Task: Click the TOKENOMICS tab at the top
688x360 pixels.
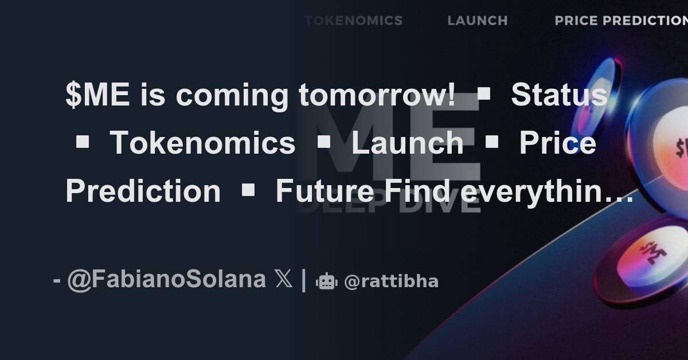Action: tap(354, 21)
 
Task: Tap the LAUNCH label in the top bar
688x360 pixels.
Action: tap(478, 21)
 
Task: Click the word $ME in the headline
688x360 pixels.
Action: tap(97, 95)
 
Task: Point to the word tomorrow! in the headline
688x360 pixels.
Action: tap(377, 95)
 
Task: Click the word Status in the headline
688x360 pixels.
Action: tap(559, 95)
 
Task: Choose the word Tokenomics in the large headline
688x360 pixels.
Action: tap(202, 143)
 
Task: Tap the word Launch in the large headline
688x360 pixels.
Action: tap(407, 143)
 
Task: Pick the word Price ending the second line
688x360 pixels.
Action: tap(557, 143)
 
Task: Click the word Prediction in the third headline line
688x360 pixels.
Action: tap(143, 191)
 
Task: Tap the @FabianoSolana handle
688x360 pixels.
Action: tap(166, 280)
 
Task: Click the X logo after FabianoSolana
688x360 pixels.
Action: tap(284, 280)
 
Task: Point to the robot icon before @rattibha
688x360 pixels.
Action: tap(326, 281)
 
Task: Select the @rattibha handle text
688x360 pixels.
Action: tap(391, 281)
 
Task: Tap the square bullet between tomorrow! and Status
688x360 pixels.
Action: tap(483, 96)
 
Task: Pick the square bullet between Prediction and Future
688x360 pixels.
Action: tap(248, 191)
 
